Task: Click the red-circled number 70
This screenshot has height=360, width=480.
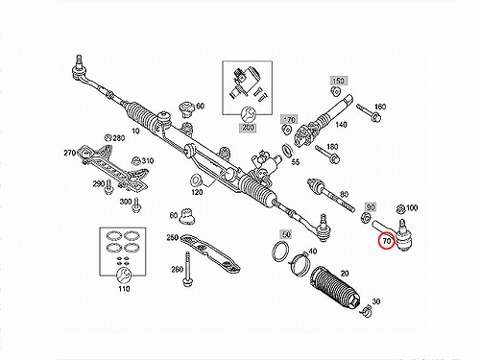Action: pos(387,241)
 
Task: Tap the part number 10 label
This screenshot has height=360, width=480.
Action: pos(135,131)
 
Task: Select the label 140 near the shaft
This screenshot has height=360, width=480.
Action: pos(341,124)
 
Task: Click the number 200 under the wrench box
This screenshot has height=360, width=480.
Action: pos(248,128)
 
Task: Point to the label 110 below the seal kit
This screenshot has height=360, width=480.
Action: pos(124,289)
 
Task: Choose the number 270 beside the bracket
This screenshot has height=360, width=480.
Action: pos(69,153)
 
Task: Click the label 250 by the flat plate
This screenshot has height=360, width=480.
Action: pos(172,238)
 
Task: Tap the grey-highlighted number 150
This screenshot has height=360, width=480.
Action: pos(338,81)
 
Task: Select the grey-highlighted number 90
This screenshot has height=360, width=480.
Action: pos(371,207)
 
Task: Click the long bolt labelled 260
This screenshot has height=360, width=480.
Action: pos(186,269)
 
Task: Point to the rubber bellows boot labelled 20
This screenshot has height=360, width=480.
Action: pos(335,287)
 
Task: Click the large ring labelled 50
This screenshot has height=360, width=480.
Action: pos(280,252)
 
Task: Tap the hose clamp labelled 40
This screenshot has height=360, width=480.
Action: pos(300,262)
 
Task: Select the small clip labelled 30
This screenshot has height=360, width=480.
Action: pos(367,311)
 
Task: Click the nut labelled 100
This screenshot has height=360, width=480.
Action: pos(400,210)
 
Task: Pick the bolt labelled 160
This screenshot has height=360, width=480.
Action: pos(368,112)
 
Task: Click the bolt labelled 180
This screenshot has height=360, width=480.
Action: pos(327,154)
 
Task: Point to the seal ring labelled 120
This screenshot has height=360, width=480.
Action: pos(195,180)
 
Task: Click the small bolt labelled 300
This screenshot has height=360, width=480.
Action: pos(136,204)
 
